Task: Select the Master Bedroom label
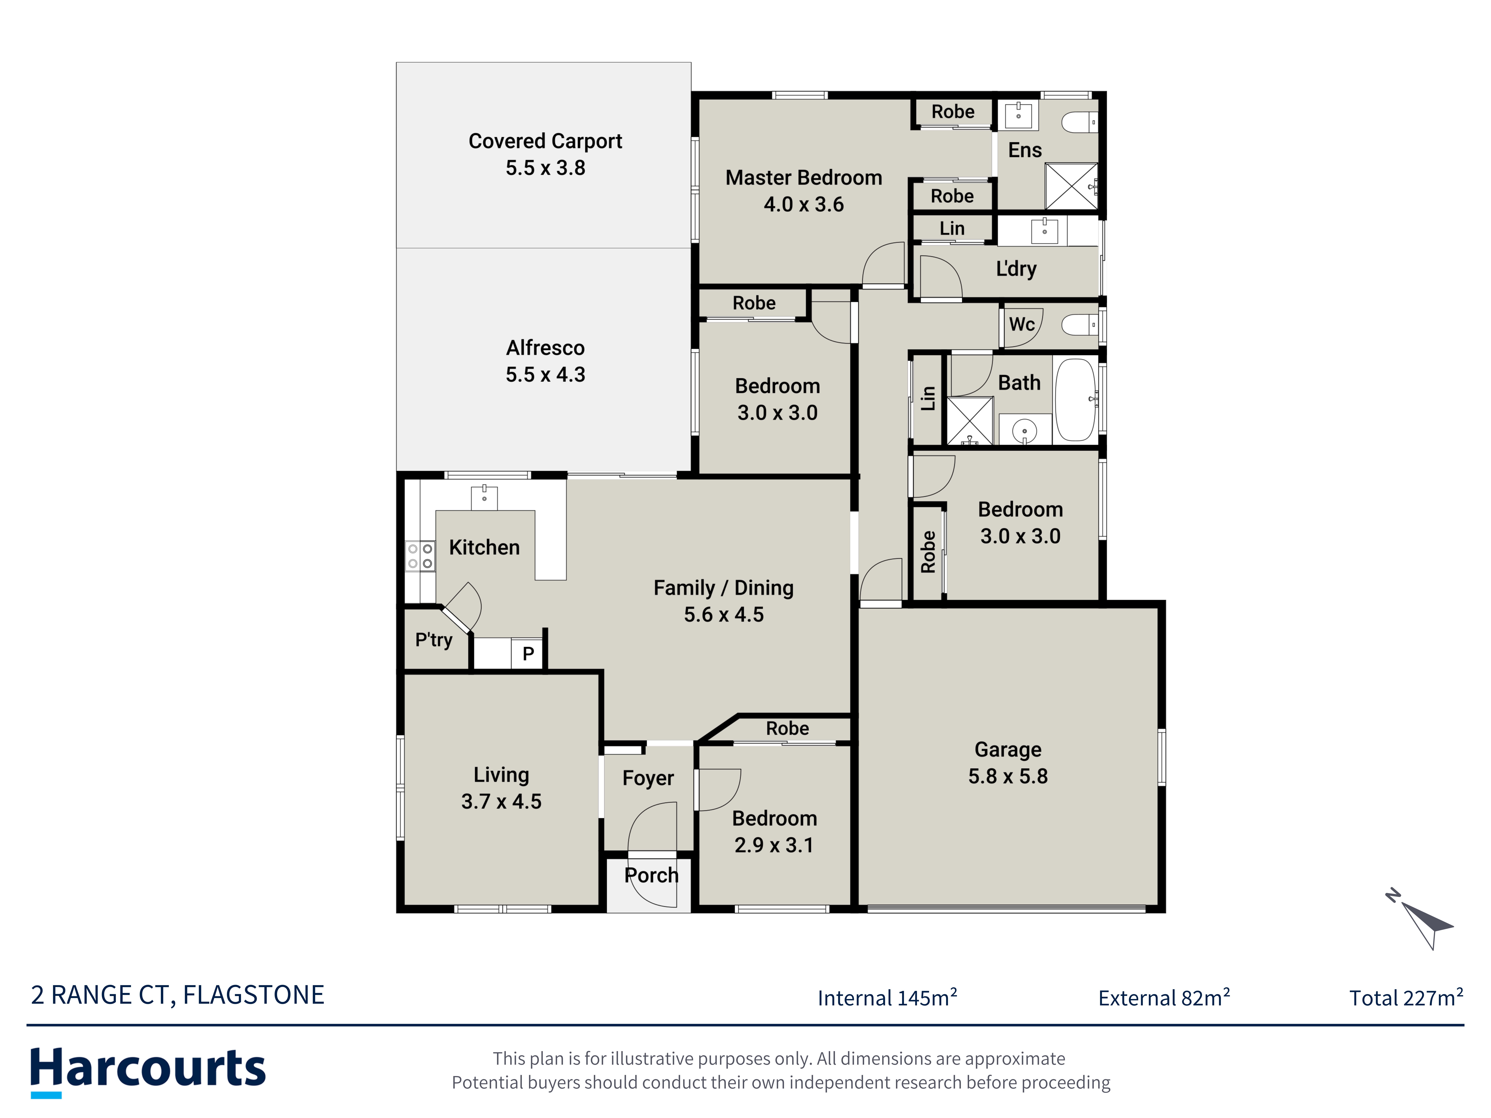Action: coord(803,178)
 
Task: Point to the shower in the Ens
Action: coord(1071,186)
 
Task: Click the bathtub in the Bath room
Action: coord(1076,400)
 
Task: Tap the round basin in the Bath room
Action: coord(1025,430)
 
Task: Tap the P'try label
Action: coord(433,639)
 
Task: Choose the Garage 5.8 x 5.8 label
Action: coord(1008,763)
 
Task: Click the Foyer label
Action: coord(648,778)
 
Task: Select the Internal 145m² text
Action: coord(887,997)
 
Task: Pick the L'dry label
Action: coord(1016,269)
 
